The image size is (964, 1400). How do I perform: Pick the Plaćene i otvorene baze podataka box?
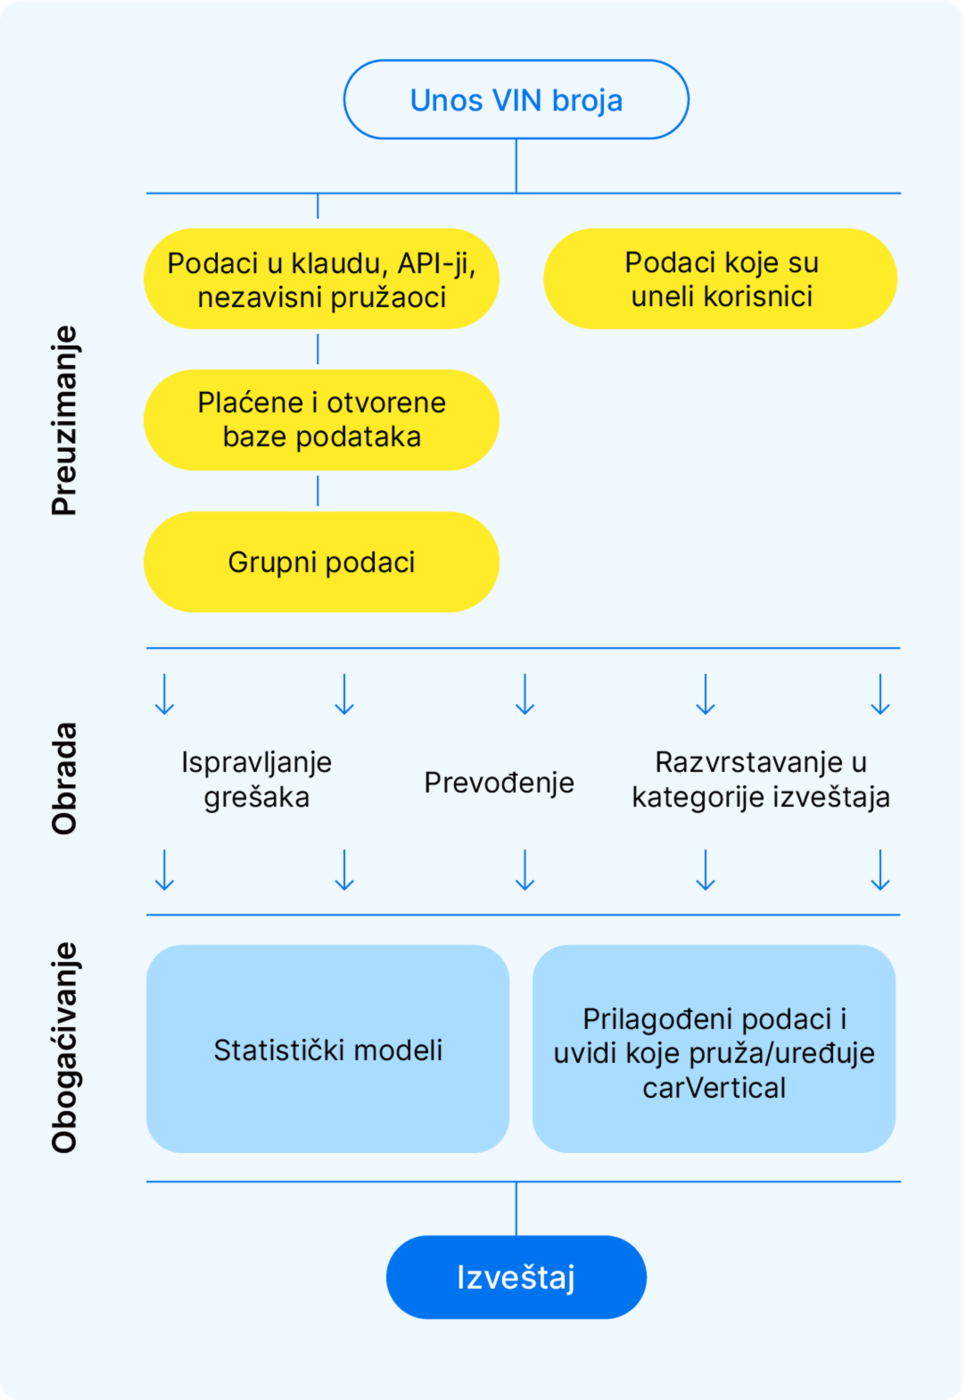click(x=321, y=420)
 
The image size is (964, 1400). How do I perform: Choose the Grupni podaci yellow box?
click(x=321, y=562)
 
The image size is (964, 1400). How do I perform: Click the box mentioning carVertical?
click(x=714, y=1050)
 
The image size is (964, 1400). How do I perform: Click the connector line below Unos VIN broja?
click(x=516, y=166)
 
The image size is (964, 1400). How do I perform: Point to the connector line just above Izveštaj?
click(x=516, y=1208)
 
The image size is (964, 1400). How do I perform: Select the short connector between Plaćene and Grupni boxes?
click(x=318, y=491)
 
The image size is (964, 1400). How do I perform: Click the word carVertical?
click(x=714, y=1088)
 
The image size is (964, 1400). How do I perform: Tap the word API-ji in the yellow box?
click(x=436, y=263)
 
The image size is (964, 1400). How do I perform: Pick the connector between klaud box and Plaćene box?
click(x=318, y=349)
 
